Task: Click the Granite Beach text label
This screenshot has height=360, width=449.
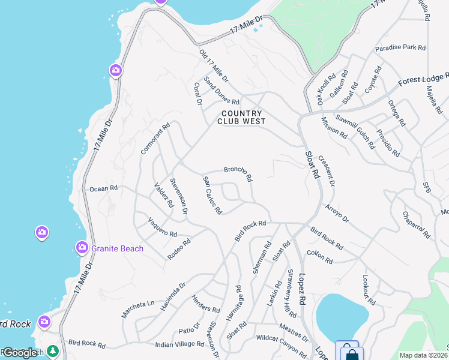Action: coord(117,248)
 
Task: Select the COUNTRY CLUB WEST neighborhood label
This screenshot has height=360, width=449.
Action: coord(242,117)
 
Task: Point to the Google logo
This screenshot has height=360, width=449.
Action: coord(20,353)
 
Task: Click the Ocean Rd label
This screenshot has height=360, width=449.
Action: coord(103,188)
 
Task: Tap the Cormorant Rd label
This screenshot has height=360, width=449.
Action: coord(155,139)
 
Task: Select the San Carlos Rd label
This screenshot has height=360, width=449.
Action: coord(212,196)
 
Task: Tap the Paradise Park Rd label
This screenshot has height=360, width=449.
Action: coord(400,48)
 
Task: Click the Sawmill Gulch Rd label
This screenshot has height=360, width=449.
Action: coord(358,128)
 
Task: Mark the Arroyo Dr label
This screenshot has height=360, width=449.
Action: coord(337,214)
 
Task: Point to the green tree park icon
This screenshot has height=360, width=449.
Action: coord(52,351)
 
